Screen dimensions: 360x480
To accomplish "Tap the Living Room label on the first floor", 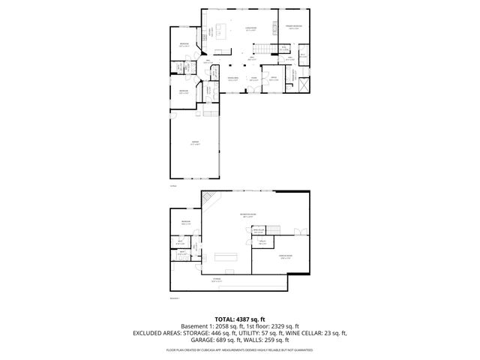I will point(251,30).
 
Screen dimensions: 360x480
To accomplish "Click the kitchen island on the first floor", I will point(221,31).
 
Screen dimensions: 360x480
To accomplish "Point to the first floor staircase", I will point(264,49).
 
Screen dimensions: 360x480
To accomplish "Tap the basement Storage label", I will point(216,280).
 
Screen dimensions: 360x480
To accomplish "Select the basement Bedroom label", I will point(185,223).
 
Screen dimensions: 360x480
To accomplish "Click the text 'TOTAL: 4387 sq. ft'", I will point(240,319).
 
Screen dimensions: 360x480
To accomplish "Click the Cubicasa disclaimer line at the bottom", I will point(240,349).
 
